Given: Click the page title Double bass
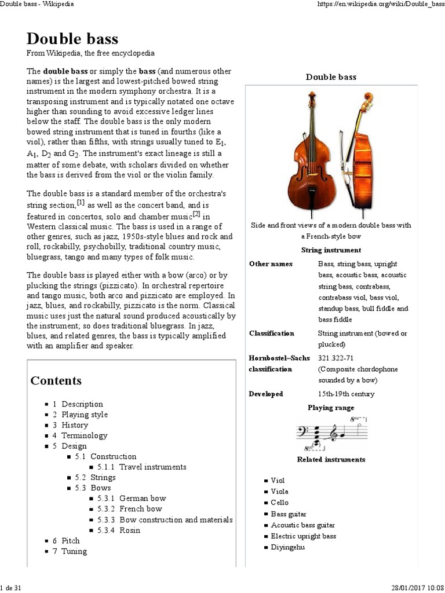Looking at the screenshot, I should (72, 39).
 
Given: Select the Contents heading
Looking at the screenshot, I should (56, 380).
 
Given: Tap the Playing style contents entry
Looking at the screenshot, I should (85, 415).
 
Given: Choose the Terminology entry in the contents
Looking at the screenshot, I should (85, 435).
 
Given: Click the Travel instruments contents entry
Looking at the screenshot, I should (152, 467).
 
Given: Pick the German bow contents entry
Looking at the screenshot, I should (143, 498).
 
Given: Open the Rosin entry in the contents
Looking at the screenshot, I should (130, 530).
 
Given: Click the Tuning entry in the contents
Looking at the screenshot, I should (74, 551).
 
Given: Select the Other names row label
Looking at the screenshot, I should (271, 264).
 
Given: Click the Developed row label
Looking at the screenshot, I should (266, 394).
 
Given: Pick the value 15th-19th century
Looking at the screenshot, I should (346, 394).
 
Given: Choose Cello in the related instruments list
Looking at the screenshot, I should (279, 503).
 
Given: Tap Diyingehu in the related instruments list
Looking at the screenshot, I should (287, 547).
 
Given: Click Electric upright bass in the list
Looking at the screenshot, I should (303, 536).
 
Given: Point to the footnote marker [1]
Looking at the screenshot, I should (84, 203).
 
